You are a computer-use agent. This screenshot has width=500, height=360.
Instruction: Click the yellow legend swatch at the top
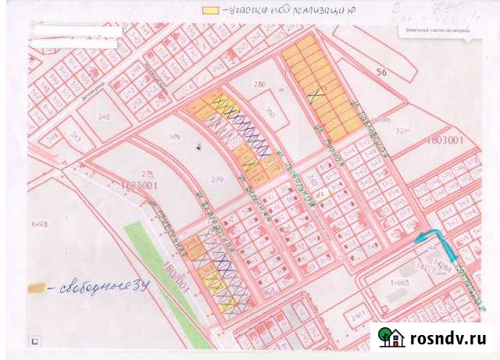[x=210, y=11]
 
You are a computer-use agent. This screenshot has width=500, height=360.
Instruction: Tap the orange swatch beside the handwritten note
[x=36, y=287]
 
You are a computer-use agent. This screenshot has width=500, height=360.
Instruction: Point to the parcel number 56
[x=382, y=71]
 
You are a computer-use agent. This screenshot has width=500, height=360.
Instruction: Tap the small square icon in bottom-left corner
[x=34, y=341]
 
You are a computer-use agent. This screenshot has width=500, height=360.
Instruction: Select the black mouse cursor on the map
[x=199, y=146]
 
